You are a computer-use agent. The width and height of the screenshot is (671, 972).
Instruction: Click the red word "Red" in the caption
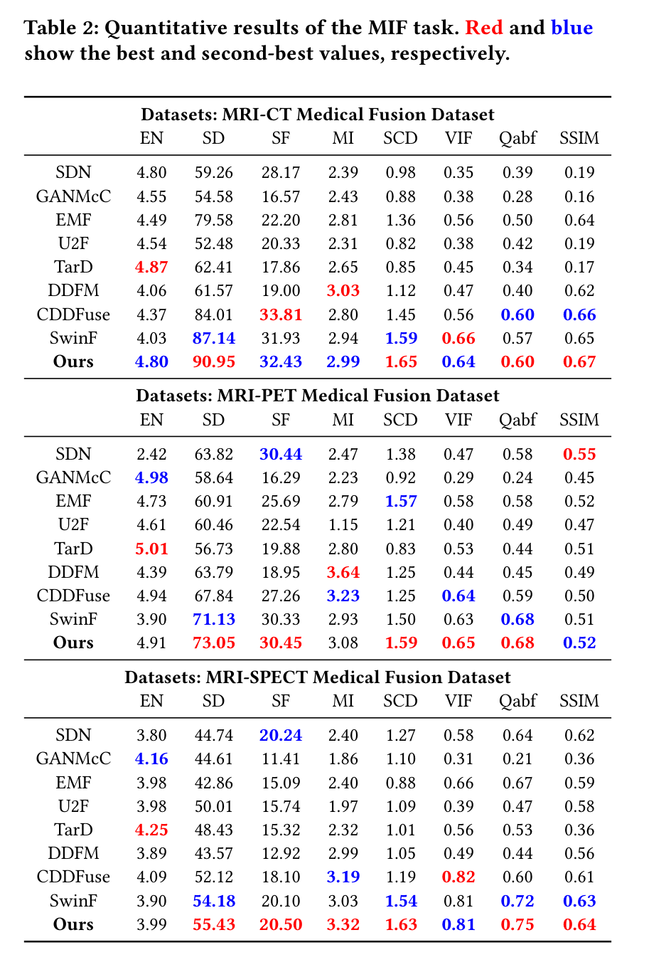coord(484,28)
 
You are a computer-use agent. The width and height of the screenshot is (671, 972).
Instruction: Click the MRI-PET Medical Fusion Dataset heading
coord(317,396)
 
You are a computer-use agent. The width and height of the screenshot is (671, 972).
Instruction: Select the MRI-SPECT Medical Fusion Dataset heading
coord(317,677)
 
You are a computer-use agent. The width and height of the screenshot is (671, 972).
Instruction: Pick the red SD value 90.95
coord(214,361)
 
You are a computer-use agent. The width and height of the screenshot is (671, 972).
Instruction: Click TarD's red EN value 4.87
coord(151,267)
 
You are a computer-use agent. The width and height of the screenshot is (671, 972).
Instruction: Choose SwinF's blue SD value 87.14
coord(214,338)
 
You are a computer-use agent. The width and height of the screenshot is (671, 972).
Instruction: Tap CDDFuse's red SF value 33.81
coord(281,315)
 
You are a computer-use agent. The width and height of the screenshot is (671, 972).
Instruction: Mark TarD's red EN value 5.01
coord(151,549)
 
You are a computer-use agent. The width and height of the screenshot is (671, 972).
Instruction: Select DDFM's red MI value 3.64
coord(343,572)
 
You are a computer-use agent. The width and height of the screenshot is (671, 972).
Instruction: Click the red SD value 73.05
coord(214,643)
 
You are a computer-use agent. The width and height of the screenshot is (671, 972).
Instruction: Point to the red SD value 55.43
coord(214,924)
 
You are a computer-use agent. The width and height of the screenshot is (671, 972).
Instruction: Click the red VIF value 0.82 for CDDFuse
coord(458,877)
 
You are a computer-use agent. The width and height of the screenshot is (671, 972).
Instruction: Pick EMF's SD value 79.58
coord(214,220)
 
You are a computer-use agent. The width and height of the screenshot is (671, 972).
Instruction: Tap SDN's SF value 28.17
coord(281,172)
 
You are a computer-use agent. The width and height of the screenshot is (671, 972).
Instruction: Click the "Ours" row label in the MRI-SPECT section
coord(73,924)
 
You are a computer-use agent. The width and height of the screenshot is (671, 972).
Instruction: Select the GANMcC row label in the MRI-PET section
coord(73,477)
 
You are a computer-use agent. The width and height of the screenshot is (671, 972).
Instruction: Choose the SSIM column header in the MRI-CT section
coord(579,138)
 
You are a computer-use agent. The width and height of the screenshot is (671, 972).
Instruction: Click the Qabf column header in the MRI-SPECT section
coord(517,701)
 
